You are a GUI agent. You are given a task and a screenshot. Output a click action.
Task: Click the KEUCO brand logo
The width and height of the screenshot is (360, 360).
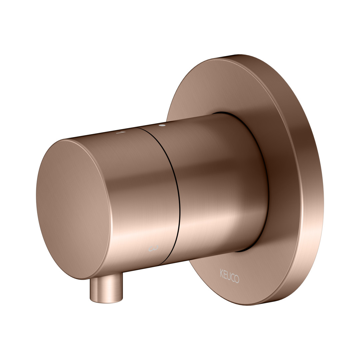pos(229,276)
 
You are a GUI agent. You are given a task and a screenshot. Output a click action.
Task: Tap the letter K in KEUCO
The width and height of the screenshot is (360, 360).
pos(222,273)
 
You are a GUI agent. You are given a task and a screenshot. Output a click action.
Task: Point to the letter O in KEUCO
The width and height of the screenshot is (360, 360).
pos(237,279)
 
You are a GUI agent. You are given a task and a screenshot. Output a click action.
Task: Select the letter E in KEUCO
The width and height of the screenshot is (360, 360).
pos(225,274)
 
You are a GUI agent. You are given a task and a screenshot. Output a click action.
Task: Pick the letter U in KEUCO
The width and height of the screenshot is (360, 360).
pos(228,276)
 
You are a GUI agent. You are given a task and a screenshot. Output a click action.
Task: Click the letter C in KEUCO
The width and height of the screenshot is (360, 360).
pos(232,277)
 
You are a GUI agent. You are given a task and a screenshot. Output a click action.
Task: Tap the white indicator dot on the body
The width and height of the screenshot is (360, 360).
pos(162,125)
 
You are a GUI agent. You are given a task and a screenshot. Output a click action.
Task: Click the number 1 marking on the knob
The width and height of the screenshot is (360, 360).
pos(121,132)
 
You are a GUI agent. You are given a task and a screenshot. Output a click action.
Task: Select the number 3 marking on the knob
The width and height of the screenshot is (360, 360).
pos(154,248)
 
